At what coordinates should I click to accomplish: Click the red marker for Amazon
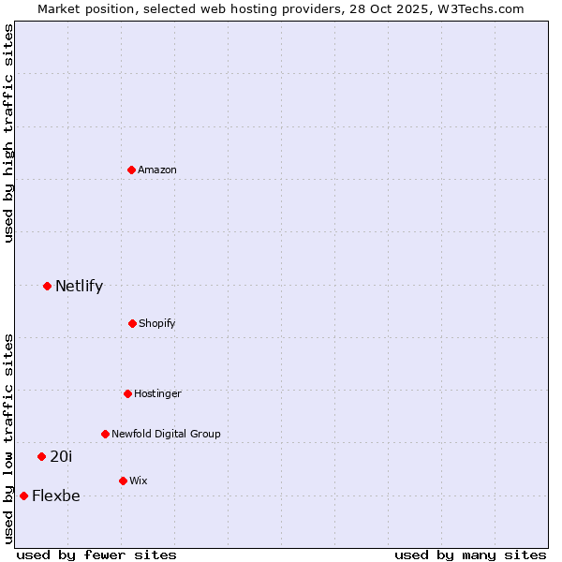132,170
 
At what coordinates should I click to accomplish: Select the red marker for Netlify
47,286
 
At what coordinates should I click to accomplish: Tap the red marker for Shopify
132,323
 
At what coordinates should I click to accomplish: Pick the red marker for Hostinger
127,393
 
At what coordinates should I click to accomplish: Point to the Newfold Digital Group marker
105,434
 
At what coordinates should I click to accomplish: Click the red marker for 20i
41,456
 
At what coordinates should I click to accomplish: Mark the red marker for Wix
123,481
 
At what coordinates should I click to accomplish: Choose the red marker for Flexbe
23,495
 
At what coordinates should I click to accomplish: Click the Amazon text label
157,170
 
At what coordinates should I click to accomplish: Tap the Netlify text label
79,287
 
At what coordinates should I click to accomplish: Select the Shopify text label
157,323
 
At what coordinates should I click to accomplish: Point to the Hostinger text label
157,393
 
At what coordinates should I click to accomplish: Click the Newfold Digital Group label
166,434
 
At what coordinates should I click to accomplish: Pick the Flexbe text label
56,496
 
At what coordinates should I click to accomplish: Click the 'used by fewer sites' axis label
96,555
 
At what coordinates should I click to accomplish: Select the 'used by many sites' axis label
470,555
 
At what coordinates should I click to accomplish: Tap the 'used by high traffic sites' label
8,133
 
